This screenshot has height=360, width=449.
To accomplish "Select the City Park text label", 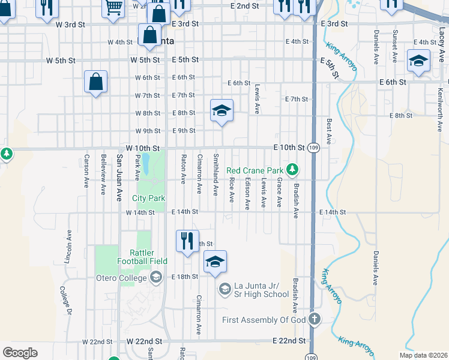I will (148, 198).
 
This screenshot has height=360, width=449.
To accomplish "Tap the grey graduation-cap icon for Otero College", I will (156, 277).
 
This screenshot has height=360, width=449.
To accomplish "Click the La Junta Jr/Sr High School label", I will (261, 290).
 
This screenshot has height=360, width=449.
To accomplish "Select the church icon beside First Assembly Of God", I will (314, 319).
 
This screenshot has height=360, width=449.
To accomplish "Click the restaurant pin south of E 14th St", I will (187, 241).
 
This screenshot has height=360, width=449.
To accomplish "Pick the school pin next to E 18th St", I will (215, 262).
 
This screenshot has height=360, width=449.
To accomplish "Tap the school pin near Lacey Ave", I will (418, 61).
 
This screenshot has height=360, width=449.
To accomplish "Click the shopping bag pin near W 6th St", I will (96, 82).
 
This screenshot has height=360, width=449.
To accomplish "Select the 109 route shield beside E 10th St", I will (313, 148).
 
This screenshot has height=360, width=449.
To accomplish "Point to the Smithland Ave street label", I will (215, 174).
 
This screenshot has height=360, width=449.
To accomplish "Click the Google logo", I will (20, 353).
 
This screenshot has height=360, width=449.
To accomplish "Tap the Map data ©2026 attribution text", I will (422, 355).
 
